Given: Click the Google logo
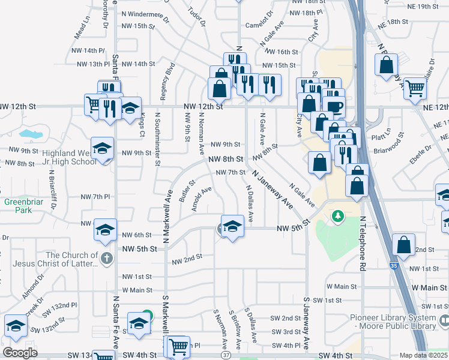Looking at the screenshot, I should [20, 353].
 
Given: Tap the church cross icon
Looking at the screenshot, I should [107, 259].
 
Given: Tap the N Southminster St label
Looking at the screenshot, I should [157, 138].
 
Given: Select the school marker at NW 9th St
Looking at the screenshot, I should [103, 148].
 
